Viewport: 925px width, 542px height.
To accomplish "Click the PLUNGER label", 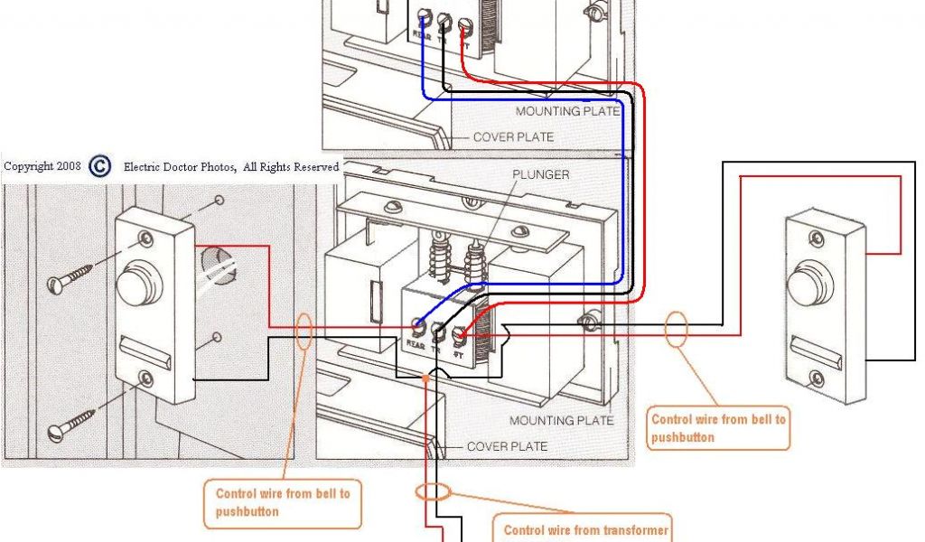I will (x=541, y=174).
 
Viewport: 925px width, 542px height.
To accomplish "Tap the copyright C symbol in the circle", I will (x=101, y=166).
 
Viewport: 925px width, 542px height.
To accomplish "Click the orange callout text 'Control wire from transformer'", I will (x=586, y=530).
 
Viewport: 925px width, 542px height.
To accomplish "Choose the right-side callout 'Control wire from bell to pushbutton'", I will (x=719, y=428).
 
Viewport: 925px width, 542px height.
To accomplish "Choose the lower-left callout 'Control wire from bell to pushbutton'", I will (x=283, y=502).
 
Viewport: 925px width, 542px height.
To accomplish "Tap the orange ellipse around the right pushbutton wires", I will (x=676, y=329).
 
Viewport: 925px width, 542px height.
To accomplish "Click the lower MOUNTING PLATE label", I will (x=561, y=420).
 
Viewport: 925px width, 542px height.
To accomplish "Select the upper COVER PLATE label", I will (x=514, y=137).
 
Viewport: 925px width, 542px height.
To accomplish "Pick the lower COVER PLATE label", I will (x=507, y=446).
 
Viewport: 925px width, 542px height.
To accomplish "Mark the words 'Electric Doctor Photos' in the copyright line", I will (x=180, y=167).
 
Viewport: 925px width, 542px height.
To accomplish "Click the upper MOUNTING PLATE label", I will (x=567, y=111).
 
